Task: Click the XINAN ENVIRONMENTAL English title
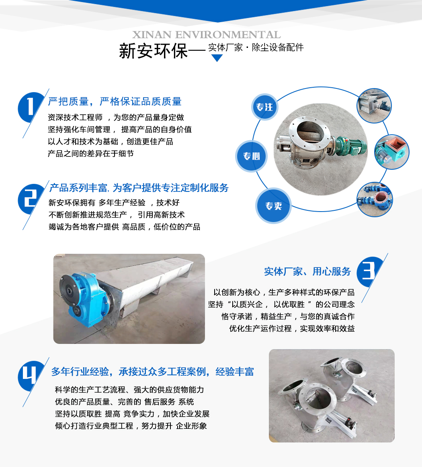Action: pos(206,35)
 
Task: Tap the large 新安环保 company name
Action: pos(153,51)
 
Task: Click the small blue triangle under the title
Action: pos(217,58)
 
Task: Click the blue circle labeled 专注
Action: pos(264,107)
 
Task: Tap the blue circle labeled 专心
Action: pos(252,156)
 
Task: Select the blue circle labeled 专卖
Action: pos(273,206)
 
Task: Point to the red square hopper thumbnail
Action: pos(391,152)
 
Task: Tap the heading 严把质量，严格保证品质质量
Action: pos(115,101)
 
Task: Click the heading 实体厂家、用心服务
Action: pos(307,272)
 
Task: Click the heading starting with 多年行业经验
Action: pos(152,372)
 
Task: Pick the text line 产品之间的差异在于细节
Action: pos(91,153)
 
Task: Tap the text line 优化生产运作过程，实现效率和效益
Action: pos(292,329)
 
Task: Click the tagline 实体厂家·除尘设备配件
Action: pos(256,47)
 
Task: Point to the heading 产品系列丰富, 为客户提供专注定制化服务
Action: pos(139,188)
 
